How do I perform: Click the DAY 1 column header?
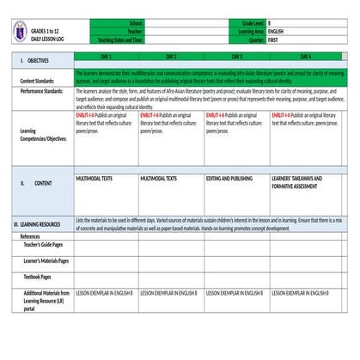tap(107, 55)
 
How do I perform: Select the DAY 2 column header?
tap(171, 55)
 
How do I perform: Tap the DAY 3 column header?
tap(236, 55)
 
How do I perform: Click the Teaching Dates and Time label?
tap(121, 40)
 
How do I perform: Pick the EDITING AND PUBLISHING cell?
tap(229, 178)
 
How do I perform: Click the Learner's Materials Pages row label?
tap(46, 260)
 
